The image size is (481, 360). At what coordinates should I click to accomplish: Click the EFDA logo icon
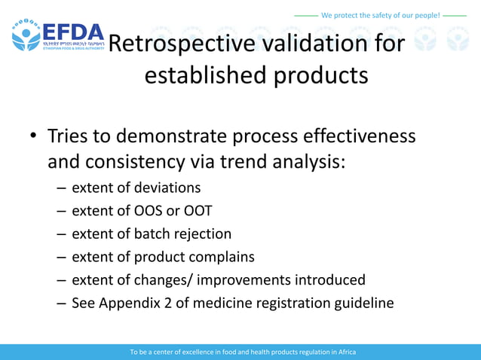point(26,35)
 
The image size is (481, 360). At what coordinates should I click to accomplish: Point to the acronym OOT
point(196,210)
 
